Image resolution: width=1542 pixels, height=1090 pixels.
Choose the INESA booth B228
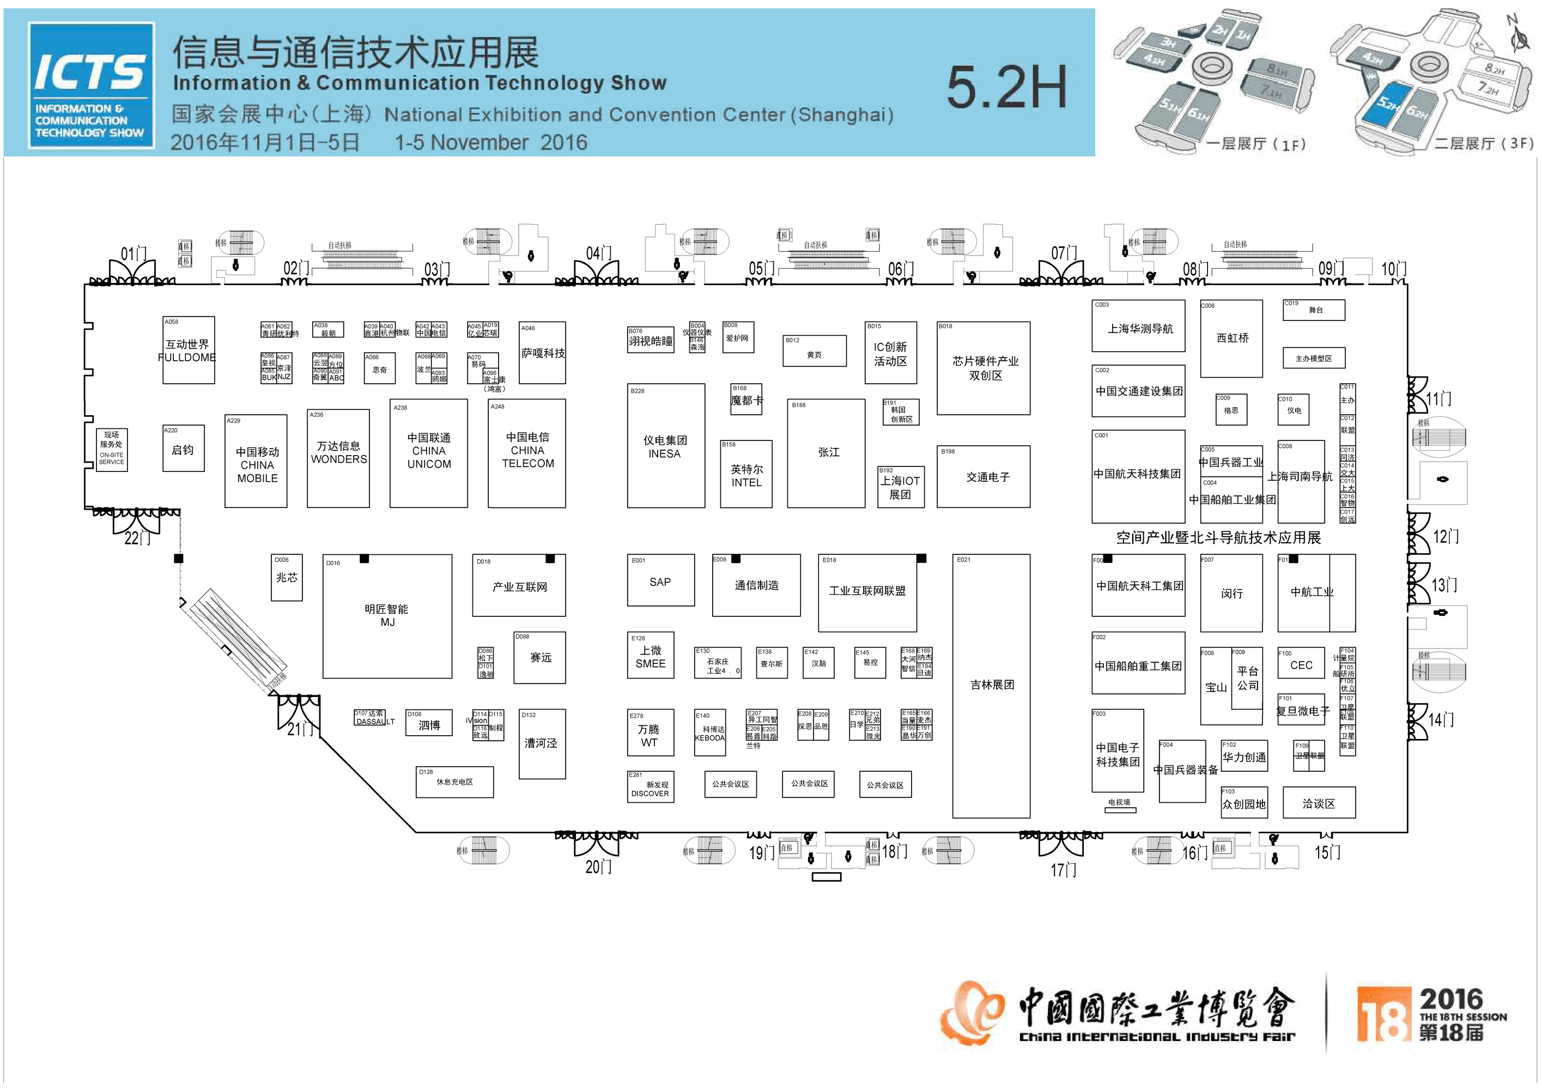(665, 446)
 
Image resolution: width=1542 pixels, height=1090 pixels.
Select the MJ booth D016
(387, 616)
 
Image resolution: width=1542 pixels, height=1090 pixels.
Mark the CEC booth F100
(1301, 664)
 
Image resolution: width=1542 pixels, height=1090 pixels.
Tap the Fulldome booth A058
(188, 350)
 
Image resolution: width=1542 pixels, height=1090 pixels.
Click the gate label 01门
(133, 253)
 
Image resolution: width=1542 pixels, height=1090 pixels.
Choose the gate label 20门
(598, 867)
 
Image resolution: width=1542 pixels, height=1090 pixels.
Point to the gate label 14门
(1441, 720)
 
